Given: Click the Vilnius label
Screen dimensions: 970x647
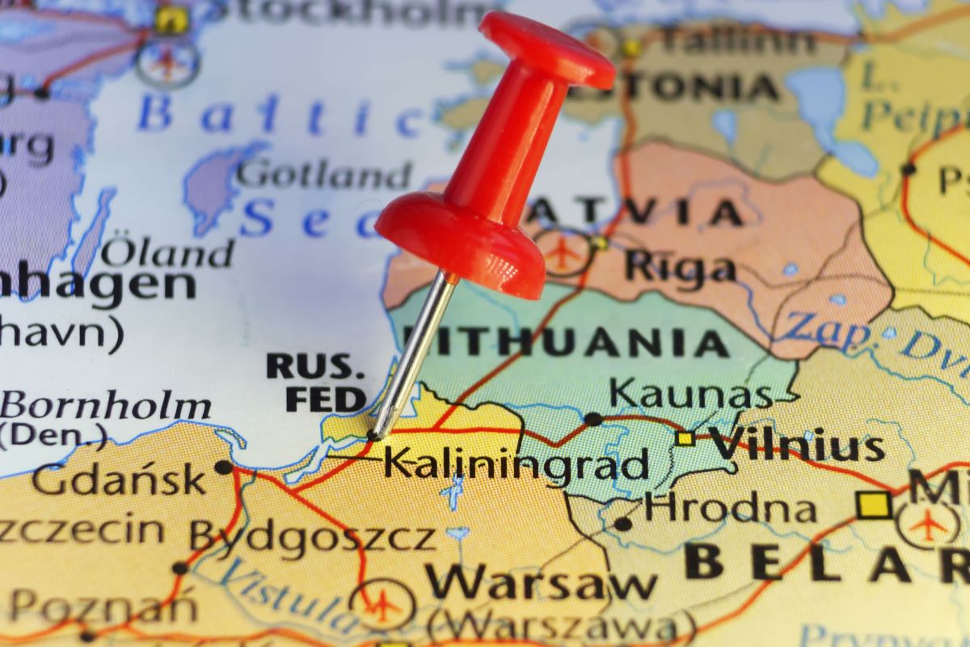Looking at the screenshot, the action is coord(795,446).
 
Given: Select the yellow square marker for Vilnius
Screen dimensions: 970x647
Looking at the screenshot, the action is coord(685,438).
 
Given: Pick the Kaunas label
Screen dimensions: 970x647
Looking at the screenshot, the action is coord(691,395).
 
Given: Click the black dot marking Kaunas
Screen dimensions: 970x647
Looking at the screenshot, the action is coord(593,419).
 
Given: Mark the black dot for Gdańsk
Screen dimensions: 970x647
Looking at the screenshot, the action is coord(223,467).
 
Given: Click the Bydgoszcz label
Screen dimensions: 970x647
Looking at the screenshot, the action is coord(312,536).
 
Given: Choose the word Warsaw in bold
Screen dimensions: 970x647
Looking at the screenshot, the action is coord(541,582).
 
